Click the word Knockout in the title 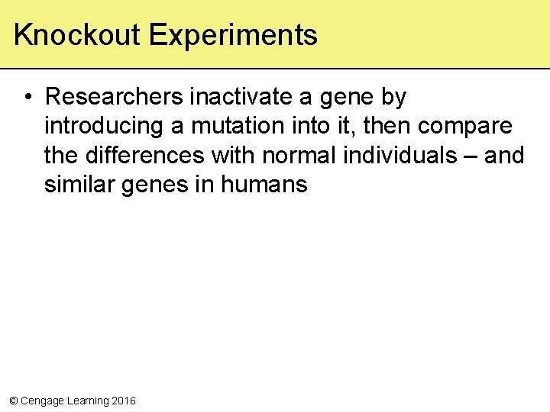tap(77, 35)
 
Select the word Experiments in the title tap(233, 35)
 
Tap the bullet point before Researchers tap(27, 98)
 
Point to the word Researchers tap(114, 98)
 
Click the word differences tap(144, 156)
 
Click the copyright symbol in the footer tap(13, 401)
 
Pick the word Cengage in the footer tap(43, 401)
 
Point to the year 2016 tap(124, 401)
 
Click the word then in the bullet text tap(387, 127)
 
